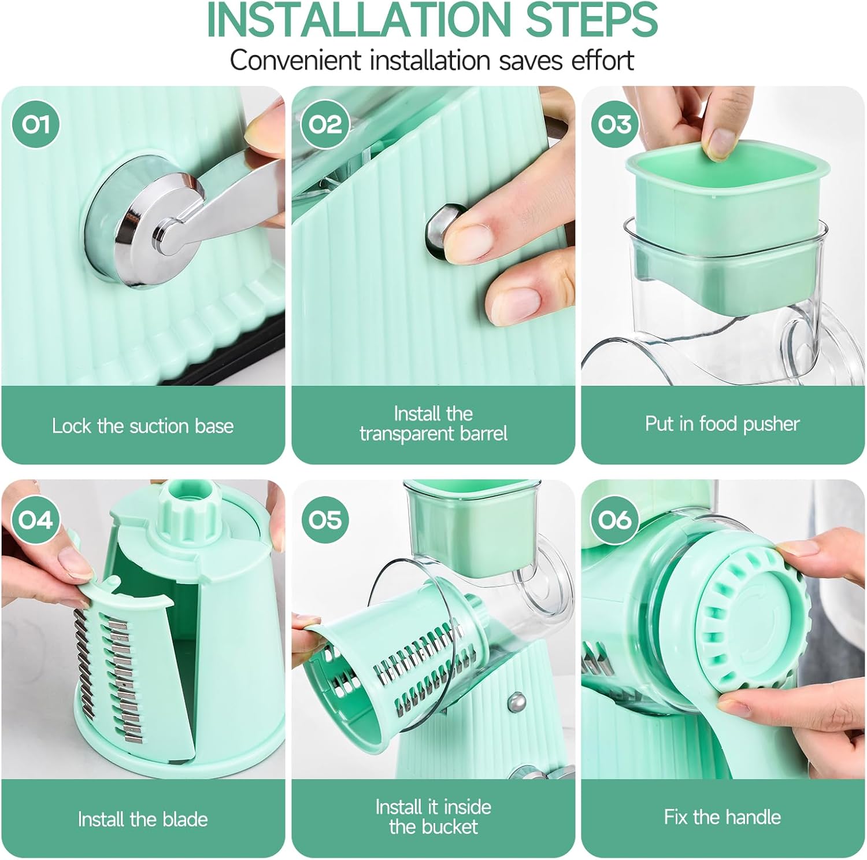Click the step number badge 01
click(35, 124)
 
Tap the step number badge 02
click(325, 124)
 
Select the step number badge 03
click(614, 124)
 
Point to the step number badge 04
click(35, 520)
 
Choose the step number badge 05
click(325, 520)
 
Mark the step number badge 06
click(614, 520)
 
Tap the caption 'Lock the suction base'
click(143, 426)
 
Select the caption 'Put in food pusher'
click(722, 424)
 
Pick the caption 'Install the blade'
click(143, 819)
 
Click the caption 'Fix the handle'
click(722, 817)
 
